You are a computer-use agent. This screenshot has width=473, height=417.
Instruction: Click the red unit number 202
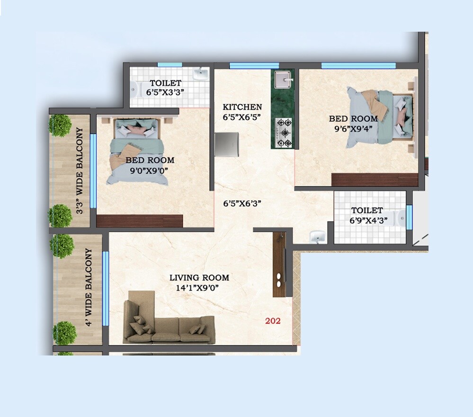[x=273, y=321]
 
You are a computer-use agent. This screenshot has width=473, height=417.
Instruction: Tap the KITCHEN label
[x=242, y=107]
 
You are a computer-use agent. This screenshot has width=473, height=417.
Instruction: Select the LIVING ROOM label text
[x=199, y=278]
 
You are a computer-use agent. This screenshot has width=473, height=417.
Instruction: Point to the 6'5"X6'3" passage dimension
[x=242, y=204]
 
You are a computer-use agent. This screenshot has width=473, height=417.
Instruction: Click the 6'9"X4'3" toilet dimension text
[x=366, y=220]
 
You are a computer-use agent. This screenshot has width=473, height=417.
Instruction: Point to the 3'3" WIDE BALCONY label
[x=80, y=171]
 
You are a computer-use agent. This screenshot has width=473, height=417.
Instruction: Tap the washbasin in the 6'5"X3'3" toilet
[x=201, y=73]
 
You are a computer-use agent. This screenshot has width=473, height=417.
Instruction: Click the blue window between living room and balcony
[x=106, y=288]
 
